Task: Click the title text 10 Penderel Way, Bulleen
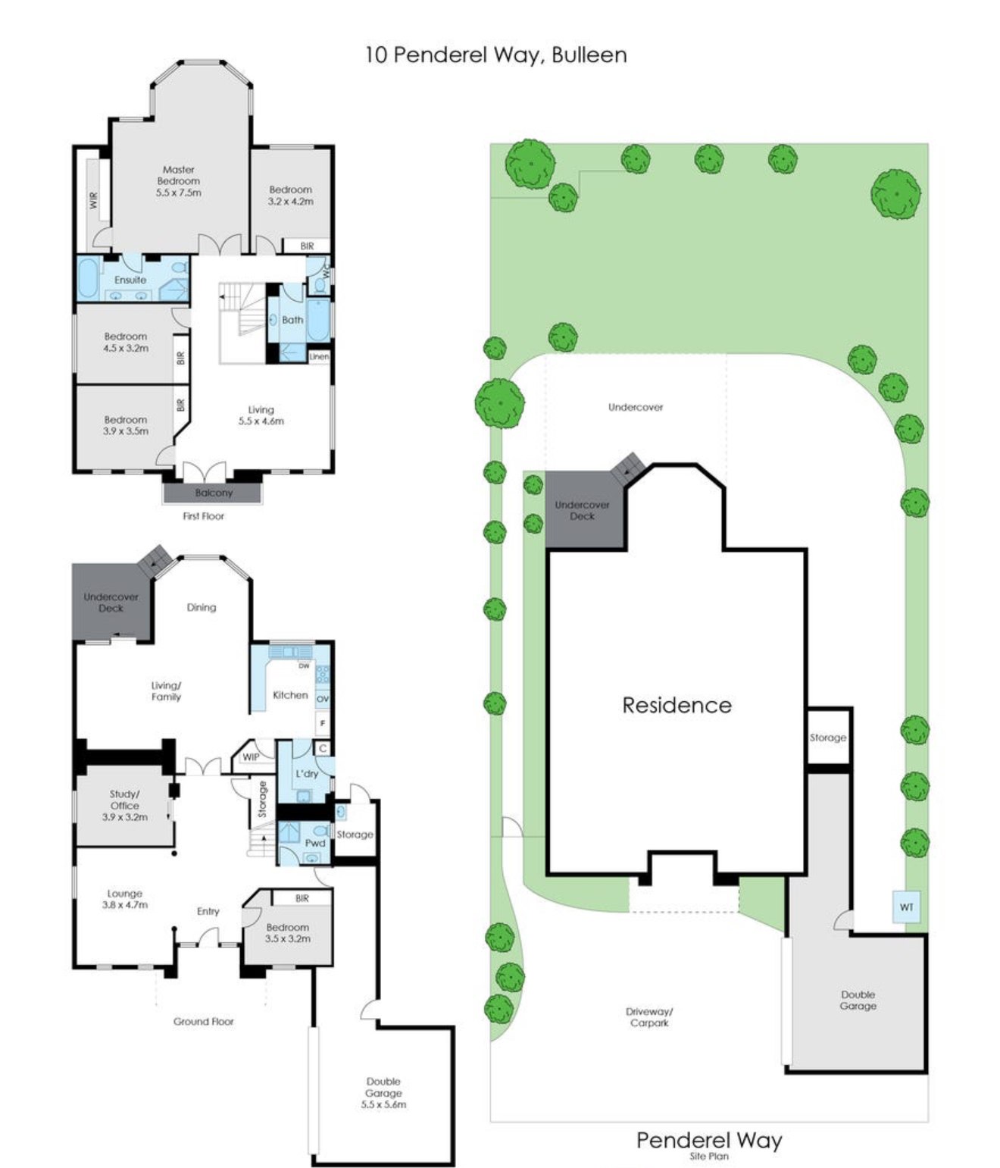point(495,55)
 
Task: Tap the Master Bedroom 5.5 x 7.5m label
point(179,181)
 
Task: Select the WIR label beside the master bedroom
point(94,200)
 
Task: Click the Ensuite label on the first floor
point(130,280)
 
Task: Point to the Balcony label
point(214,493)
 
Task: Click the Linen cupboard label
point(319,356)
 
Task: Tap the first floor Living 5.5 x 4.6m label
point(261,415)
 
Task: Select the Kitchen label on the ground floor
point(290,695)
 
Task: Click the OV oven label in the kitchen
point(323,699)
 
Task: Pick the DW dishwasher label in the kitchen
point(304,665)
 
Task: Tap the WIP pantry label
point(251,757)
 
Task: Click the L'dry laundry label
point(307,774)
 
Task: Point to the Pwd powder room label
point(315,843)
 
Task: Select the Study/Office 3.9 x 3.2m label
point(125,806)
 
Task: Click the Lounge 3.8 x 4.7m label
point(125,899)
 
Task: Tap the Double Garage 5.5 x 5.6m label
point(383,1093)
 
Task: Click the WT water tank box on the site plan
point(906,907)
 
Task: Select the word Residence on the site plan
point(677,705)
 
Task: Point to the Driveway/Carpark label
point(649,1017)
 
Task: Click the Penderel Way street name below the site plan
point(709,1140)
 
